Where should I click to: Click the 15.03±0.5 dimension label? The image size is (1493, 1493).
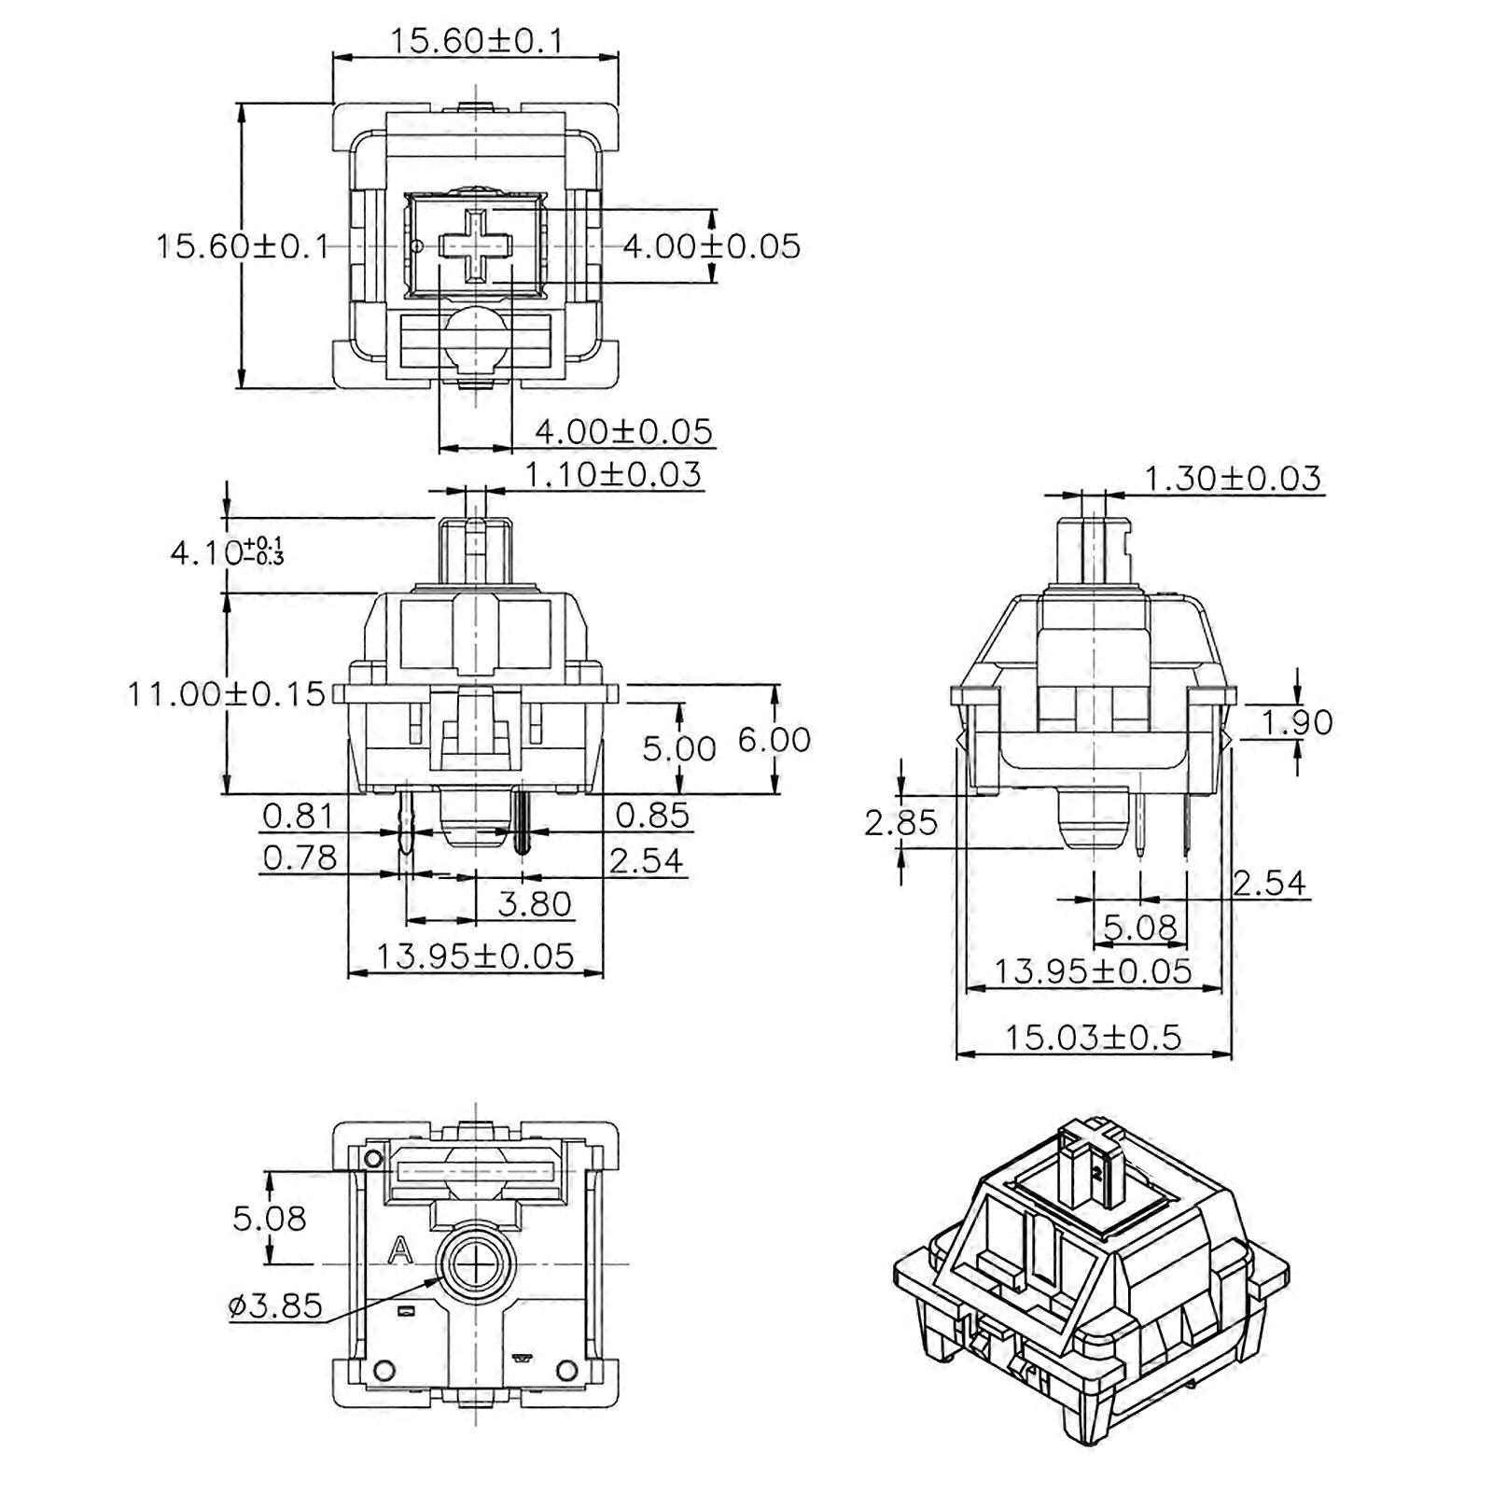tap(1093, 1037)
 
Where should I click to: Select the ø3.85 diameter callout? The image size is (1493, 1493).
tap(275, 1305)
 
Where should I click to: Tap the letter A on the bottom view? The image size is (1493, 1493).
tap(400, 1249)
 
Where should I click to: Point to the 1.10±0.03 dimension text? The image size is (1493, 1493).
tap(612, 474)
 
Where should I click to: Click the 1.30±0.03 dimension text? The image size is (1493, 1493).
tap(1233, 478)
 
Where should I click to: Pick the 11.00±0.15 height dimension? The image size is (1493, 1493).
tap(227, 693)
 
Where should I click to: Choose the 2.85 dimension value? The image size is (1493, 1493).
tap(900, 822)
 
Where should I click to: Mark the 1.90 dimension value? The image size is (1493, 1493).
tap(1298, 721)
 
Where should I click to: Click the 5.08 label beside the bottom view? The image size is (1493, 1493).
tap(270, 1218)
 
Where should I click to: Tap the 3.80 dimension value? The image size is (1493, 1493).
tap(535, 903)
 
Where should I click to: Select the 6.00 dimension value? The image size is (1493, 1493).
tap(774, 739)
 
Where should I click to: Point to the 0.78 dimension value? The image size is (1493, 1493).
tap(300, 857)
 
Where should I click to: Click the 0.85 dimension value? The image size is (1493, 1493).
tap(652, 815)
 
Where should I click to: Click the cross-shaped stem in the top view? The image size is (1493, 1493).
tap(476, 245)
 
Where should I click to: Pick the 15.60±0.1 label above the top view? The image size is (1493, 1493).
tap(476, 40)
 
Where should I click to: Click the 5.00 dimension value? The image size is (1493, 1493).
tap(679, 747)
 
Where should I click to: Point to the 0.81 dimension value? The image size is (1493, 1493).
tap(298, 815)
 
